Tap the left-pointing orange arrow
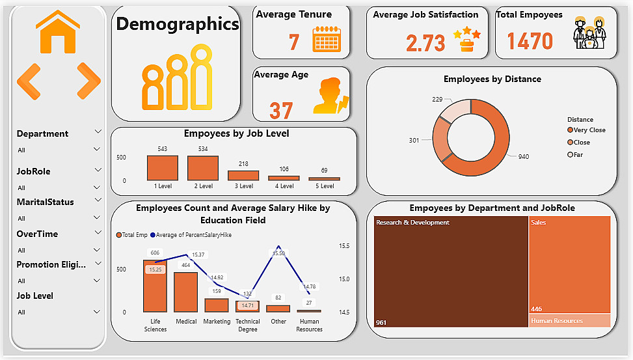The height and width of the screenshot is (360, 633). [x=29, y=81]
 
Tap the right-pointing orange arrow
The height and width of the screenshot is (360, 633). [x=88, y=81]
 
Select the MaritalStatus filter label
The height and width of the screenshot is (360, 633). [x=45, y=202]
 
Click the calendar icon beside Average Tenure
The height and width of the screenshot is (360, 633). [x=327, y=40]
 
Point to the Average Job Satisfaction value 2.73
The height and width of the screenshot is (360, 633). [x=425, y=43]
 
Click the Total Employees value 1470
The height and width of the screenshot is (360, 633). [x=530, y=41]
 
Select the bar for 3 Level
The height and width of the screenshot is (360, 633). [x=243, y=175]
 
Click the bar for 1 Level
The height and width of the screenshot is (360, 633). [x=163, y=168]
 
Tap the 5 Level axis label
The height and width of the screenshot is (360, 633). [x=325, y=186]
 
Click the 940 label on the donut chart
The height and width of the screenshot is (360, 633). [x=523, y=157]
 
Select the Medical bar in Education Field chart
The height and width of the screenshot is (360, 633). [x=186, y=292]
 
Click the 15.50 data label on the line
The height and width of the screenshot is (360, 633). [x=278, y=253]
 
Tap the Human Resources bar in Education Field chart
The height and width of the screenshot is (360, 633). [x=309, y=311]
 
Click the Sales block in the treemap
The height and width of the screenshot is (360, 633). [x=569, y=264]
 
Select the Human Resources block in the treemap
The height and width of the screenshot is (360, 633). [x=569, y=320]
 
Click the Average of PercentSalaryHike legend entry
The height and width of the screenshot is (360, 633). [x=191, y=235]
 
